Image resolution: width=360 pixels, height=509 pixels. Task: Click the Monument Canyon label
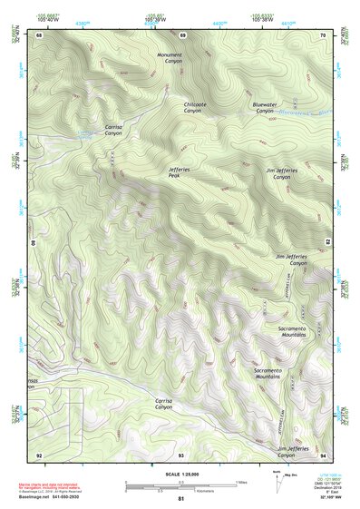pos(170,57)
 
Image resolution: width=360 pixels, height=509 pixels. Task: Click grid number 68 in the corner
pos(40,35)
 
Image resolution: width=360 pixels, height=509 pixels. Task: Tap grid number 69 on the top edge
pos(182,35)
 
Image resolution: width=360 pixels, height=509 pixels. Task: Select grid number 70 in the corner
pos(323,35)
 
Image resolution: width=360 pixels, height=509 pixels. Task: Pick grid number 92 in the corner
pos(39,454)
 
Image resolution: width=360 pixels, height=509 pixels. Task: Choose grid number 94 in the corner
pos(323,454)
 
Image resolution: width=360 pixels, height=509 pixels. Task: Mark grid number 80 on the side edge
pos(34,243)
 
